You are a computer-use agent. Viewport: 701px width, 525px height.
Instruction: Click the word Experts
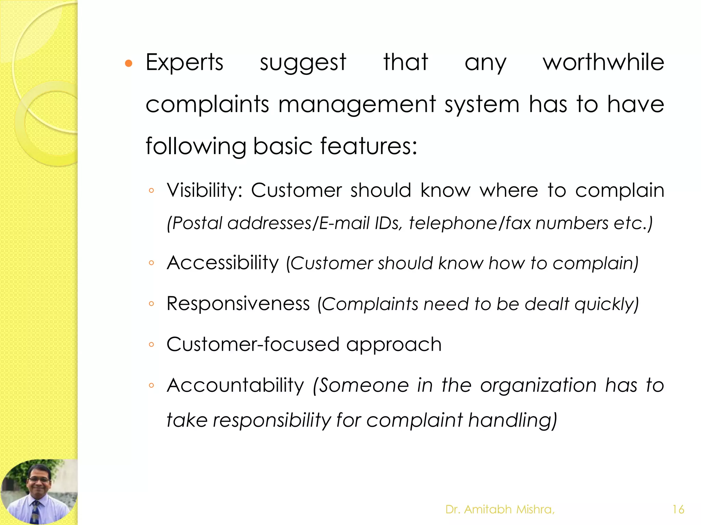(184, 63)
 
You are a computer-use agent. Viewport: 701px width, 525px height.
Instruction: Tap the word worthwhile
(603, 62)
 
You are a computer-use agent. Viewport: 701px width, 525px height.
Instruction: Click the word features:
(369, 146)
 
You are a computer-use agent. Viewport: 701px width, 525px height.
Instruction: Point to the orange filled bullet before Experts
(129, 63)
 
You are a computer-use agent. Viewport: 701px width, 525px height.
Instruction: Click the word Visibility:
(204, 190)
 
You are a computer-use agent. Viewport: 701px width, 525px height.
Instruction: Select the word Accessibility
(223, 263)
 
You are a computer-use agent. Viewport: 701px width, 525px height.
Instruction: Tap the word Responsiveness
(238, 304)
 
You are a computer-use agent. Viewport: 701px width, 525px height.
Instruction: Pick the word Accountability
(235, 385)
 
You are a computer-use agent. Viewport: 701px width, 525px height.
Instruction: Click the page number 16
(678, 510)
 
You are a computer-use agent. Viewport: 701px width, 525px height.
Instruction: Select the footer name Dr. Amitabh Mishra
(500, 510)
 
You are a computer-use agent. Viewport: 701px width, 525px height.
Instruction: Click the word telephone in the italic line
(453, 223)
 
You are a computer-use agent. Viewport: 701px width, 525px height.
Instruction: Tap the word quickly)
(607, 304)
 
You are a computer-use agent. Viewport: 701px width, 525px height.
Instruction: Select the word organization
(538, 385)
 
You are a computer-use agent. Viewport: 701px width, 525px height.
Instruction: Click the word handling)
(512, 420)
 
